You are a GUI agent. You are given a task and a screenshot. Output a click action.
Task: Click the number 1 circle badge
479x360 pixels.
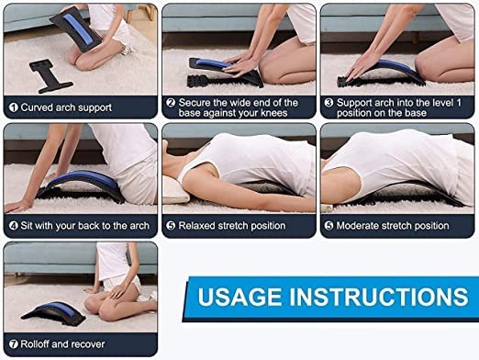[13, 107]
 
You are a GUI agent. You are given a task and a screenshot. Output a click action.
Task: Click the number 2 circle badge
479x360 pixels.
[171, 103]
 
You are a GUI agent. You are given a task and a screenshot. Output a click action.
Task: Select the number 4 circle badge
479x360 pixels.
[13, 224]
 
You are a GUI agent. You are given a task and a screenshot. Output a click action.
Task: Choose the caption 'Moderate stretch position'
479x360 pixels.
[393, 225]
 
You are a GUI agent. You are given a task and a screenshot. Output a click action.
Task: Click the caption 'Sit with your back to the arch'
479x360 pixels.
[83, 224]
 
